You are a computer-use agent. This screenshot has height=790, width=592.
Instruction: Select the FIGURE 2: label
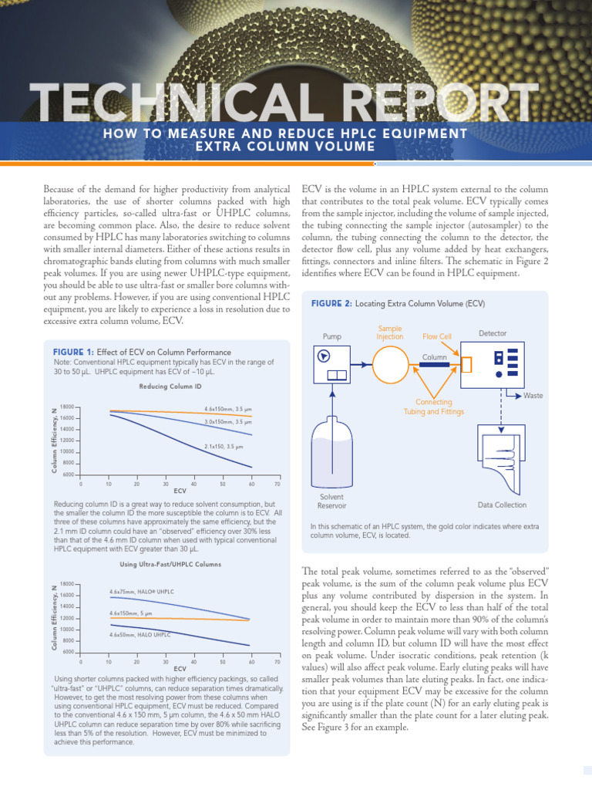coord(331,303)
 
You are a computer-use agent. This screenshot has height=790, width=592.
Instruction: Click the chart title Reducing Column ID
coord(170,386)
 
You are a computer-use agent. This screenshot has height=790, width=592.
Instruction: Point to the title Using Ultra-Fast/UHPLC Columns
coord(170,565)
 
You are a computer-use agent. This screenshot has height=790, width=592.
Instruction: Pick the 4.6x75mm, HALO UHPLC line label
coord(142,591)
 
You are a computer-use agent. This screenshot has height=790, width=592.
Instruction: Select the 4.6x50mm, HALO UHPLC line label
coord(140,633)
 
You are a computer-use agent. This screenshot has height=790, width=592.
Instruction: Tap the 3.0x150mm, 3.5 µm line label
coord(228,421)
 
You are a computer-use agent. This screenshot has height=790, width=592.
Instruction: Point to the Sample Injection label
coord(389,333)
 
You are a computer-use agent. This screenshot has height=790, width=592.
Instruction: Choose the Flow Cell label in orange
coord(436,336)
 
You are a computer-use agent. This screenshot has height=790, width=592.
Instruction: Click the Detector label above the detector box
coord(493,333)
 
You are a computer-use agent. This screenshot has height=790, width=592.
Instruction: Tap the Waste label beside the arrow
coord(533,395)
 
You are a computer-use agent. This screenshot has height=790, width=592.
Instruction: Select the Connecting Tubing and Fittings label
coord(434,407)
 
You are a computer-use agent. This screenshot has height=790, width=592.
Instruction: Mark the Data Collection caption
coord(502,505)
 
